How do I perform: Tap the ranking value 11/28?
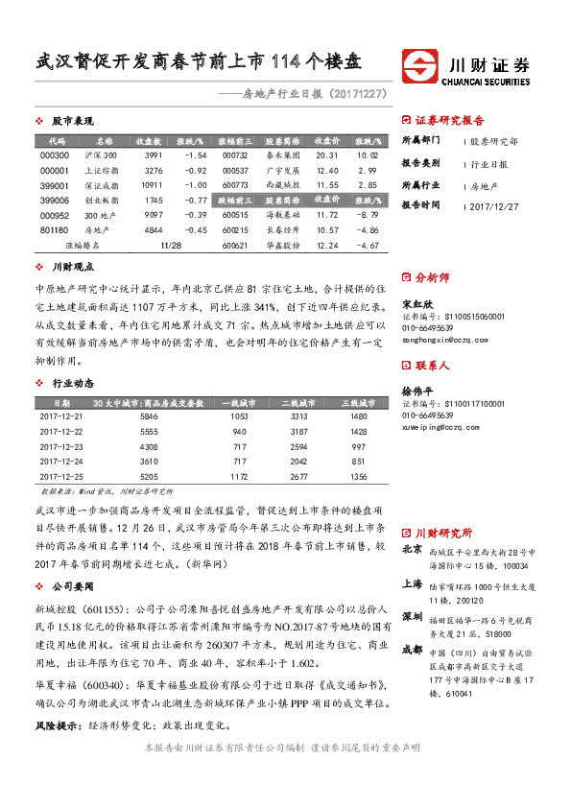pos(173,246)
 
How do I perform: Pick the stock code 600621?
pos(234,246)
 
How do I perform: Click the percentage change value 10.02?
pos(367,154)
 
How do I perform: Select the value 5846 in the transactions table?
pos(149,417)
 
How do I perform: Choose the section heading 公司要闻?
pos(73,584)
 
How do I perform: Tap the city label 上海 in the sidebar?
pos(412,582)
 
